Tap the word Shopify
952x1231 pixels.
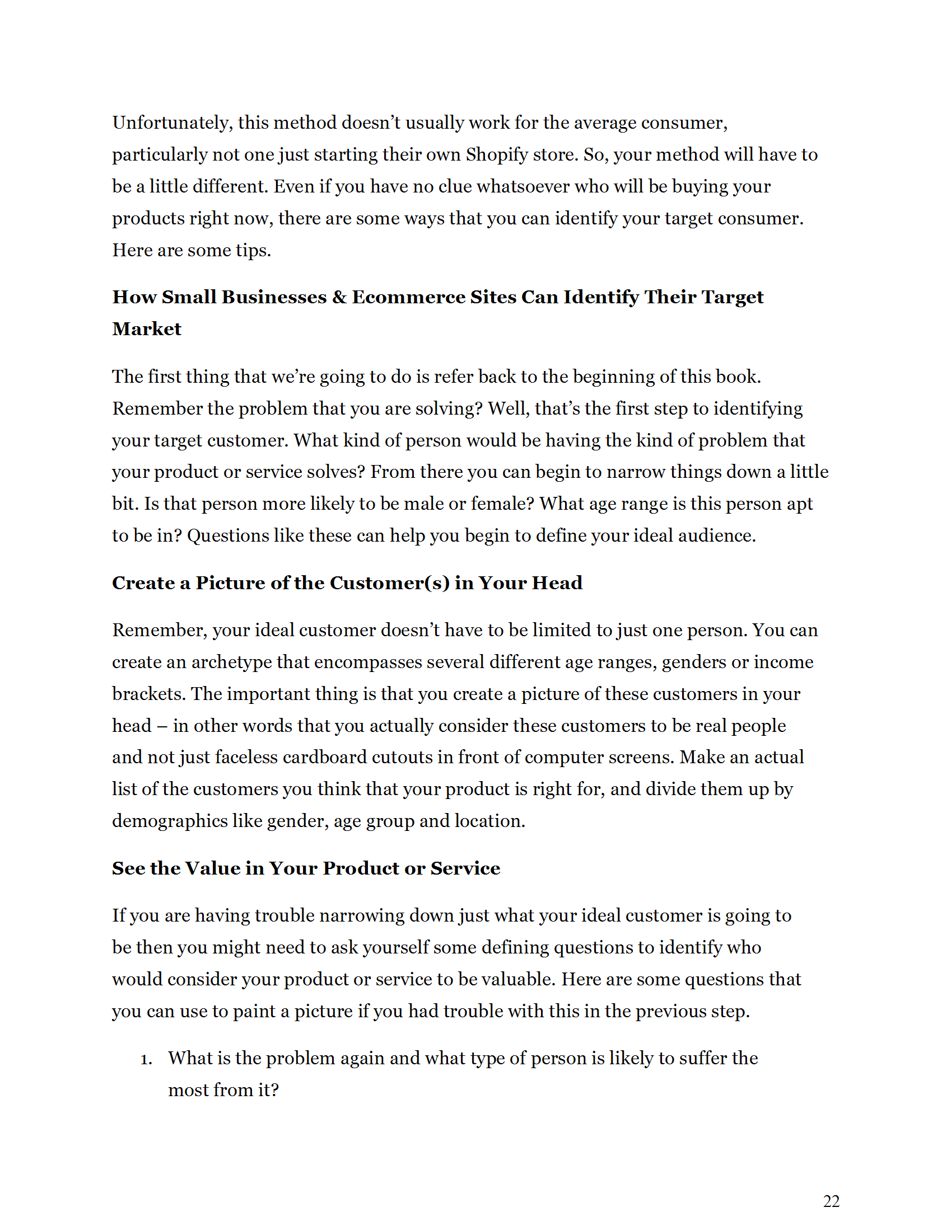pyautogui.click(x=497, y=155)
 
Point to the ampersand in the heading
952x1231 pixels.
pyautogui.click(x=339, y=297)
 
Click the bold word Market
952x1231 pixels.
pyautogui.click(x=147, y=329)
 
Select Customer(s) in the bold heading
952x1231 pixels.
pyautogui.click(x=389, y=583)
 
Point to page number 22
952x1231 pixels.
pyautogui.click(x=830, y=1201)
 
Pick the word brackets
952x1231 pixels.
pyautogui.click(x=148, y=694)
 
